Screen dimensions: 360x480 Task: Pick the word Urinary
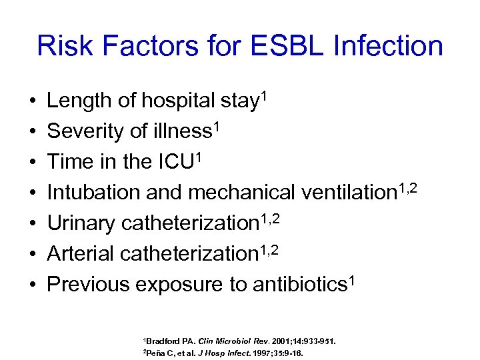(x=81, y=224)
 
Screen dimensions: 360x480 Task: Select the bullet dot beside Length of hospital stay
(x=33, y=102)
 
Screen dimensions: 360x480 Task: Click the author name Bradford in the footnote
(x=160, y=341)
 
